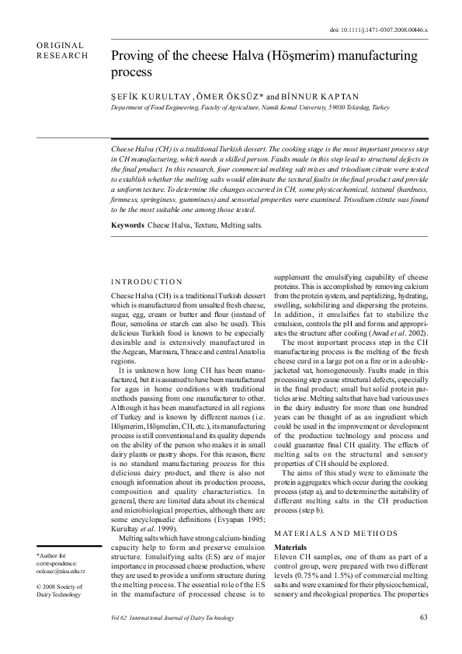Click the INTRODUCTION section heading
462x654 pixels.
tap(147, 282)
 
